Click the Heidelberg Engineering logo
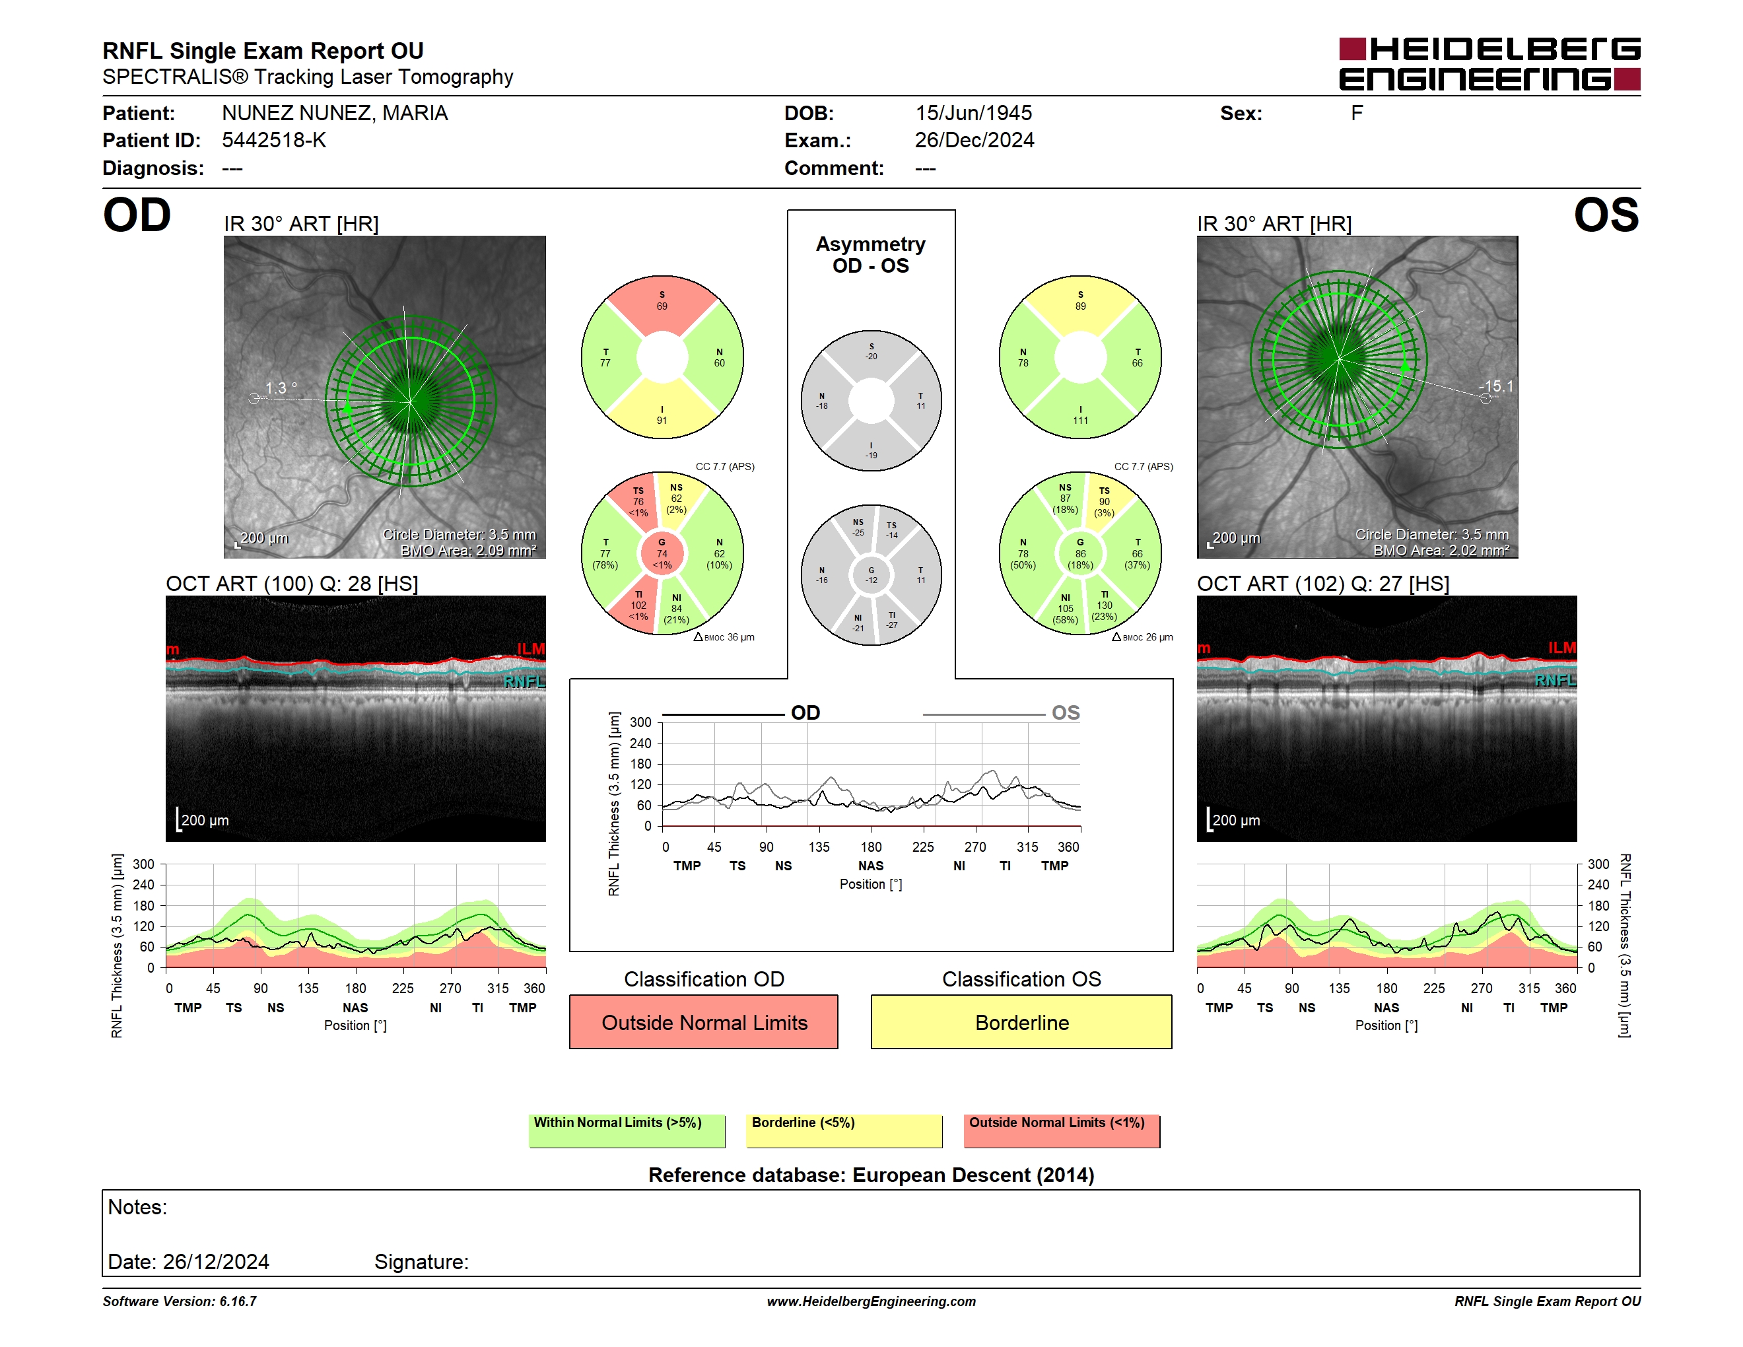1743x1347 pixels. (1489, 64)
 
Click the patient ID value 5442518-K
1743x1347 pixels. (274, 141)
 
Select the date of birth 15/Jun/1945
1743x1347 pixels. (973, 114)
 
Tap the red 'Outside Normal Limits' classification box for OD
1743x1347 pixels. (704, 1021)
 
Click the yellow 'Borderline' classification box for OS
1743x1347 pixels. (1021, 1021)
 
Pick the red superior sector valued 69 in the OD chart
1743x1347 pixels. (662, 303)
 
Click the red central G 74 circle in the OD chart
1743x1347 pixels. (662, 553)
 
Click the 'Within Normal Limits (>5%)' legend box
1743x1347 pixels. (627, 1130)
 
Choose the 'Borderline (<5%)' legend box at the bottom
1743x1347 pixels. (844, 1130)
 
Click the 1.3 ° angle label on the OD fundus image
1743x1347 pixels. (281, 388)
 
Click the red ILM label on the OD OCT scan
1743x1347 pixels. (531, 649)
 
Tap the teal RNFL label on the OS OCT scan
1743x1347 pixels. (1555, 680)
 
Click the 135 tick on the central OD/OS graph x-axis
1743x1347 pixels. (819, 846)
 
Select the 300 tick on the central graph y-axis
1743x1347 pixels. (641, 722)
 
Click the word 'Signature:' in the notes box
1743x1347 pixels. (421, 1262)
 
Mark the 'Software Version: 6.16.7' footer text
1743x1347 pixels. (180, 1301)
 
